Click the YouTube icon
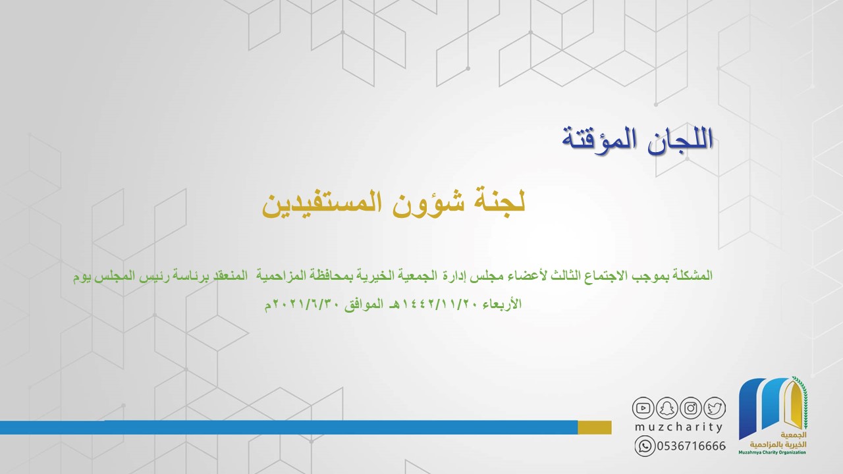[643, 408]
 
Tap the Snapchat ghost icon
[666, 408]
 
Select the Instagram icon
[691, 408]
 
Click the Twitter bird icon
[715, 408]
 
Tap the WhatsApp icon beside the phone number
[645, 446]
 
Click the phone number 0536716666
[692, 446]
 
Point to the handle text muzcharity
[678, 427]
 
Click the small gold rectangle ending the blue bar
[595, 427]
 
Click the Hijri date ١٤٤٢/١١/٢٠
[441, 304]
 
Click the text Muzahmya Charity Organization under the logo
[773, 452]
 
